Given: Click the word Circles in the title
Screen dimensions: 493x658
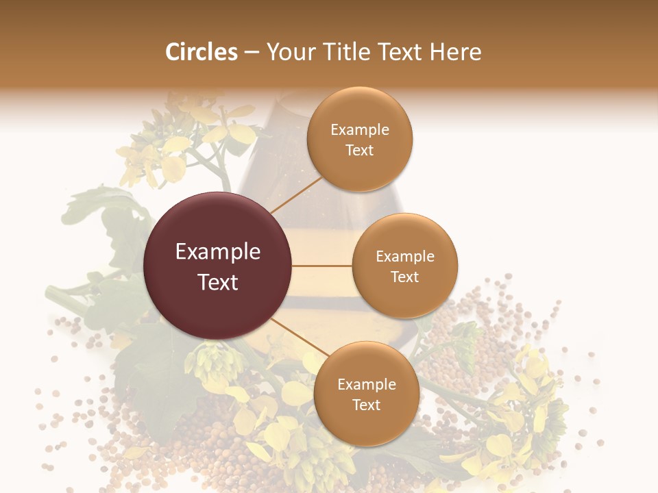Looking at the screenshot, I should [202, 52].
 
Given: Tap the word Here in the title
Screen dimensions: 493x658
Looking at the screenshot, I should [456, 52].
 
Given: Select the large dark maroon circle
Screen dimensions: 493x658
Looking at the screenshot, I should [218, 301].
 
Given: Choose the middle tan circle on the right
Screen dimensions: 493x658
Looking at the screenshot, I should [405, 298].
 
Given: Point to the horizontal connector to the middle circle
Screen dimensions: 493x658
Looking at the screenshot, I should [322, 266].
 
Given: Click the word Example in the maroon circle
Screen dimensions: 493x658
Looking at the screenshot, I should [218, 252].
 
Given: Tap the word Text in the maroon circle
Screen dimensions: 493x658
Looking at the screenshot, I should [218, 282].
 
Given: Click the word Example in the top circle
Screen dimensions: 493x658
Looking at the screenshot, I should [360, 130].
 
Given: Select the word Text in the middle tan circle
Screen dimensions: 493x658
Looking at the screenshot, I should [404, 277].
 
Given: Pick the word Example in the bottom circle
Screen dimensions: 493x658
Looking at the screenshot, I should [367, 385].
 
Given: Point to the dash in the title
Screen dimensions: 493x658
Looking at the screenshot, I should [251, 53].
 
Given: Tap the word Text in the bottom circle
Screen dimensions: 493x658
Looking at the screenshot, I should [366, 405].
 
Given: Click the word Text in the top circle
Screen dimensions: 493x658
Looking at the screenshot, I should [359, 151].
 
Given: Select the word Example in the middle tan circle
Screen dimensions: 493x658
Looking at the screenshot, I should [405, 257].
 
